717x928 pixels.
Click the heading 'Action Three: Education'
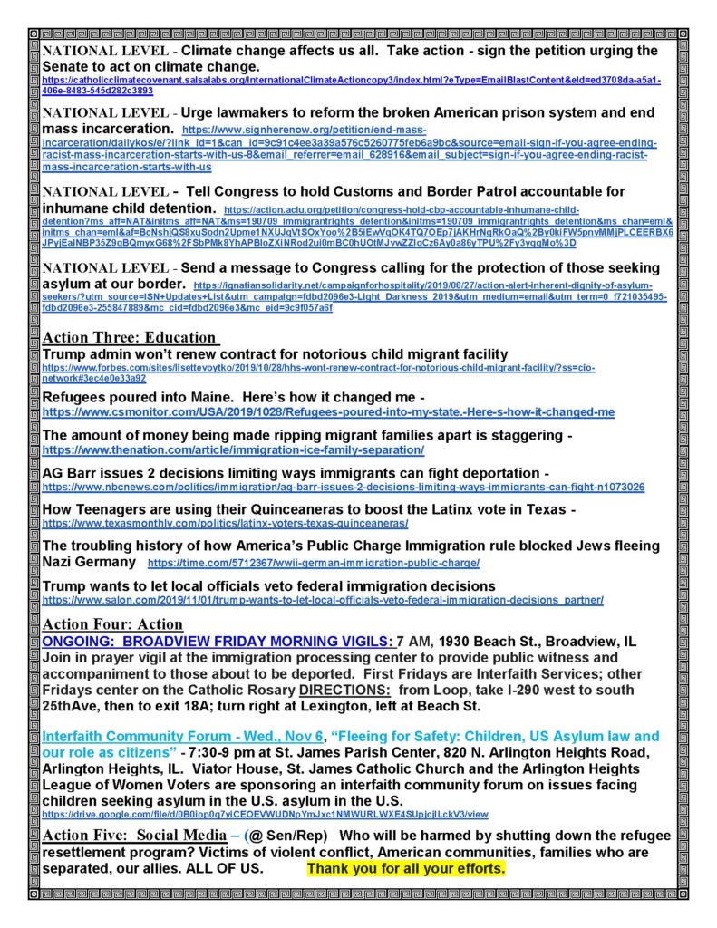pos(131,338)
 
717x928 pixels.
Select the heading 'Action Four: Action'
pos(112,624)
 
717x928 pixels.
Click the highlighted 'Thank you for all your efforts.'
pos(405,868)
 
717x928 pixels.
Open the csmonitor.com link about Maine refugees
pos(328,412)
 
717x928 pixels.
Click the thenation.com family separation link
pos(233,449)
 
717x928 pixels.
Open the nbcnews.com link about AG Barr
pos(344,487)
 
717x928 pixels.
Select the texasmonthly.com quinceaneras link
pos(225,524)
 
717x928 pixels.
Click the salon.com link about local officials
pos(322,599)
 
